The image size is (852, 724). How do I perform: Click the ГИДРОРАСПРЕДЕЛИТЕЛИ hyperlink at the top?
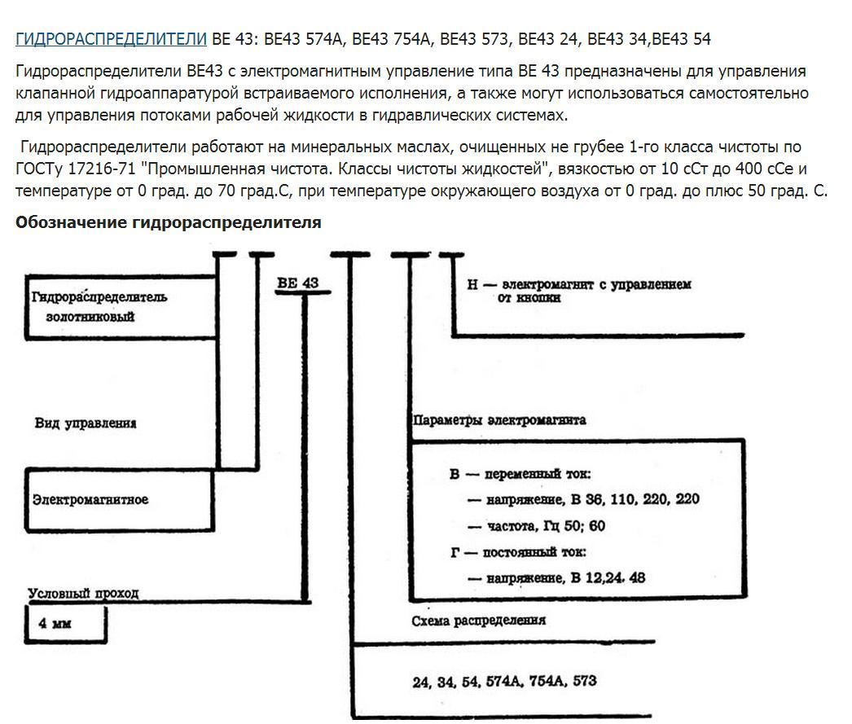(x=111, y=39)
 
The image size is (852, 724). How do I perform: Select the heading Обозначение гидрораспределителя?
(x=168, y=222)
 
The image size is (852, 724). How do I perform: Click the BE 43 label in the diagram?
(x=297, y=283)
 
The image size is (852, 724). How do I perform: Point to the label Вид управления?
(x=86, y=423)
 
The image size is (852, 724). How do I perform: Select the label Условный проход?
(x=83, y=594)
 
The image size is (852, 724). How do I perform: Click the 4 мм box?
(x=64, y=625)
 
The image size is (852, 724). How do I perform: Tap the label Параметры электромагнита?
(x=499, y=421)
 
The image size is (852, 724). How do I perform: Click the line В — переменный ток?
(x=520, y=473)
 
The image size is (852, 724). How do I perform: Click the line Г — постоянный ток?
(x=518, y=552)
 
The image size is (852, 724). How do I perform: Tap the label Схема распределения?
(x=478, y=620)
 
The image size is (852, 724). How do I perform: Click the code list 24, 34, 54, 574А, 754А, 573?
(x=505, y=680)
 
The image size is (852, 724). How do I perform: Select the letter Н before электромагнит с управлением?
(x=472, y=285)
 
